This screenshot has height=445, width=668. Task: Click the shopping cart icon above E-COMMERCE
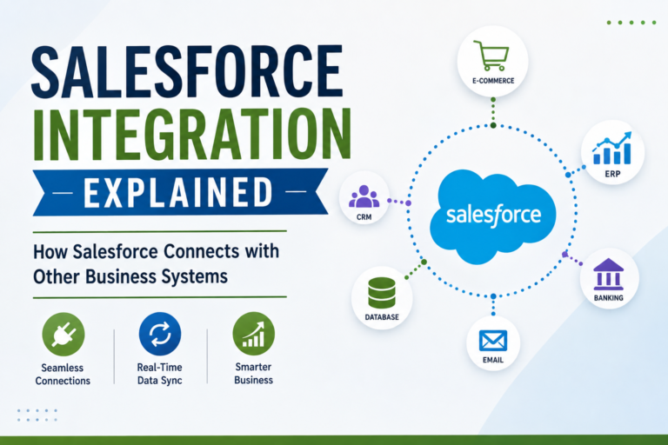tap(491, 56)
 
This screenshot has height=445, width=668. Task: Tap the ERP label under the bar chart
tap(612, 174)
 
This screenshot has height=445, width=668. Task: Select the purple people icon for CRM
tap(364, 196)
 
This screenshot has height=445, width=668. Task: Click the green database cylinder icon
tap(382, 293)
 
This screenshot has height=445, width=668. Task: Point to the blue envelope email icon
tap(493, 341)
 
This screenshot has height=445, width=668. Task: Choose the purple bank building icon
tap(608, 274)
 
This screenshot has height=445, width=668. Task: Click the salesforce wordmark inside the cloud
tap(493, 214)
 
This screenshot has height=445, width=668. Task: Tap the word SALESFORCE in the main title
tap(188, 71)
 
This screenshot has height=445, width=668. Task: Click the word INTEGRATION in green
tap(191, 134)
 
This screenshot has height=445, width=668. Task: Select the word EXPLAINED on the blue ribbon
tap(178, 192)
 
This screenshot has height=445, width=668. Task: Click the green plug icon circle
tap(63, 335)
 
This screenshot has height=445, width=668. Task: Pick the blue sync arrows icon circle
tap(160, 334)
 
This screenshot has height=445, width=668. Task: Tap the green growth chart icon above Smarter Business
tap(253, 334)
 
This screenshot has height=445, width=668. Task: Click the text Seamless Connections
tap(63, 374)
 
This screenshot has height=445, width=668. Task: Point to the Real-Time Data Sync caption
tap(160, 374)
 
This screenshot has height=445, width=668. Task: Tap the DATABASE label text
tap(382, 317)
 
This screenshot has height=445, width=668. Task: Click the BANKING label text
tap(608, 298)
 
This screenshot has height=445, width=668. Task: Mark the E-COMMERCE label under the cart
tap(493, 81)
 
